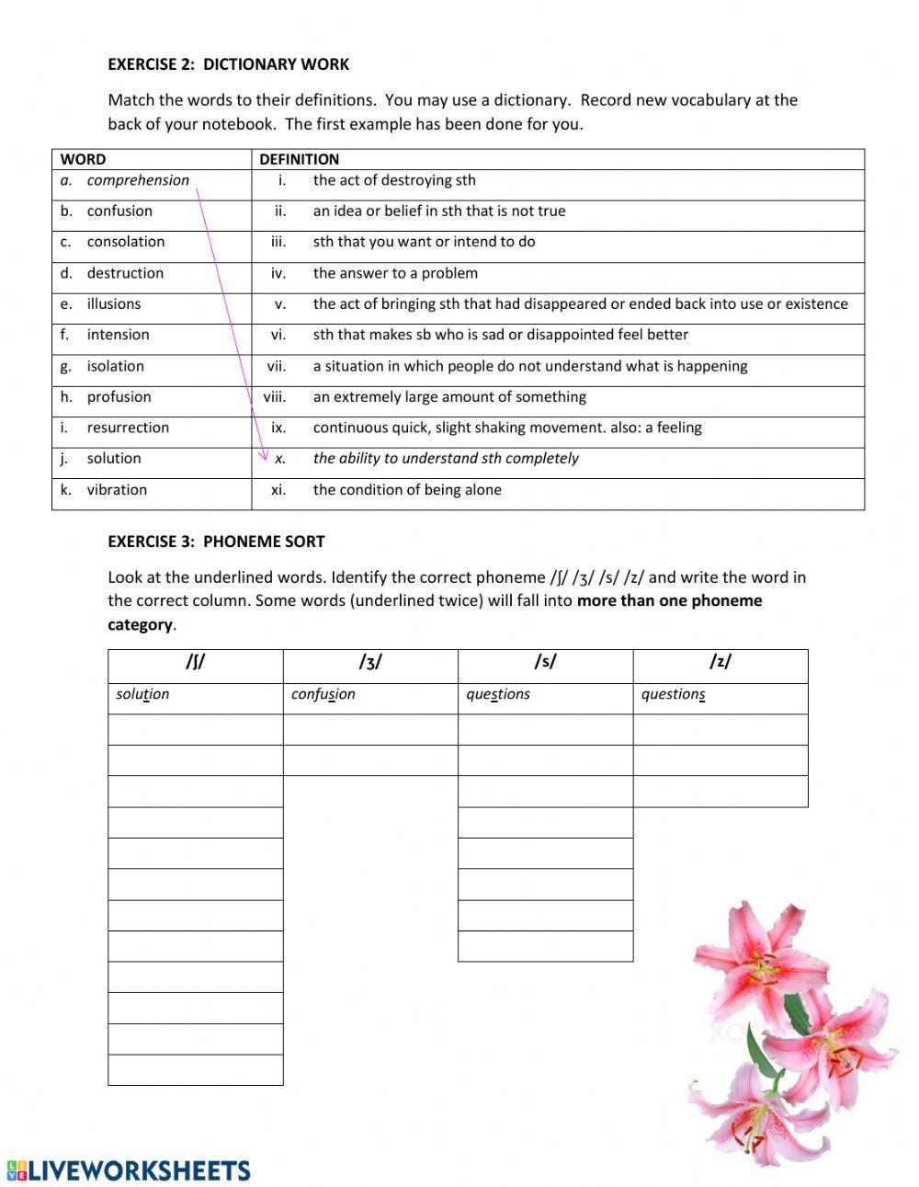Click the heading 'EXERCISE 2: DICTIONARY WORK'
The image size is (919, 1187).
228,64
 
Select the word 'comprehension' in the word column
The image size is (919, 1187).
138,180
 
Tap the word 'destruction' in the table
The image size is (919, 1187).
125,273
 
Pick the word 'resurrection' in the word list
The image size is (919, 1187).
128,428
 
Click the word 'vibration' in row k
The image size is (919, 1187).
117,490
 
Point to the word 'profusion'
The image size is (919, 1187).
119,397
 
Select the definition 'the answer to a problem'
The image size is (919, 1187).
395,273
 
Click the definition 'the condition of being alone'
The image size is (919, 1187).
407,490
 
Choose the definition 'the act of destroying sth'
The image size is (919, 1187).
394,180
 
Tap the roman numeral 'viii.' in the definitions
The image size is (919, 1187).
275,397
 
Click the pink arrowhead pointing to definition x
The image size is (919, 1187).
265,455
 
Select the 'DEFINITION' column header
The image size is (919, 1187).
299,159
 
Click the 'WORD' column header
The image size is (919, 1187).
83,159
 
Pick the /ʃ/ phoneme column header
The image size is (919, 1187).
195,663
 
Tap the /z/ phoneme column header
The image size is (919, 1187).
720,663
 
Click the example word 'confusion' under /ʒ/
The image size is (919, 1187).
323,694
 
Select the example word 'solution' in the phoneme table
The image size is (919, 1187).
142,694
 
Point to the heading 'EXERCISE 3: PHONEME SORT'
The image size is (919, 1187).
216,542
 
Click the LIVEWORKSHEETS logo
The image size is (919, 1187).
129,1170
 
